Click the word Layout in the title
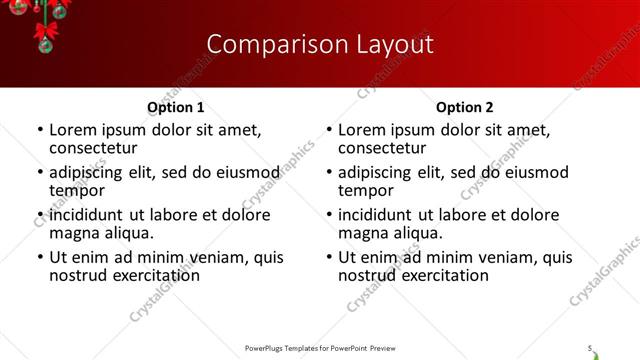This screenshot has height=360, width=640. [390, 44]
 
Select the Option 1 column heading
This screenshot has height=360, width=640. [176, 107]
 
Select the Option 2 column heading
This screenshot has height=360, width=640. [465, 107]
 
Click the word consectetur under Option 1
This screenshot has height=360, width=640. [92, 148]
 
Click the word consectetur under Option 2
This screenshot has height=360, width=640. [381, 148]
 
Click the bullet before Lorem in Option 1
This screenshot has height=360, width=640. [40, 130]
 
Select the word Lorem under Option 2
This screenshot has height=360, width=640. [361, 130]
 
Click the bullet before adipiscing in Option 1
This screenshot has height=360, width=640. [40, 172]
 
